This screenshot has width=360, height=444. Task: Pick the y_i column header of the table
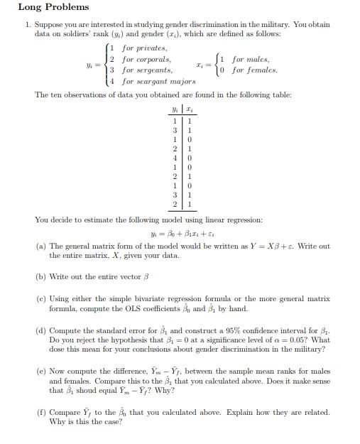[x=174, y=109]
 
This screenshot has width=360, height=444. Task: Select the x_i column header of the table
[x=190, y=109]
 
